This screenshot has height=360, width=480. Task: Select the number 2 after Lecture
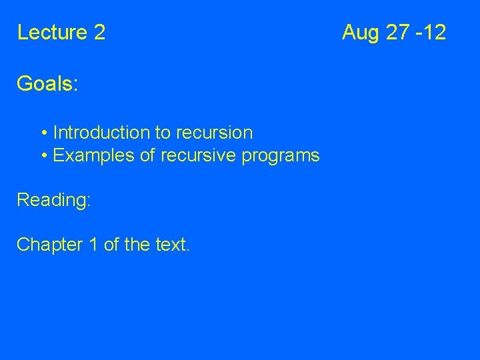100,32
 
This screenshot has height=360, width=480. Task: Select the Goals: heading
47,84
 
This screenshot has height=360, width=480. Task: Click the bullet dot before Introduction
43,133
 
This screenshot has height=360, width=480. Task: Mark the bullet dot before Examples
43,156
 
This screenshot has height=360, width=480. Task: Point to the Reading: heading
53,200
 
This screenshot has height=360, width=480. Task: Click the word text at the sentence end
172,245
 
